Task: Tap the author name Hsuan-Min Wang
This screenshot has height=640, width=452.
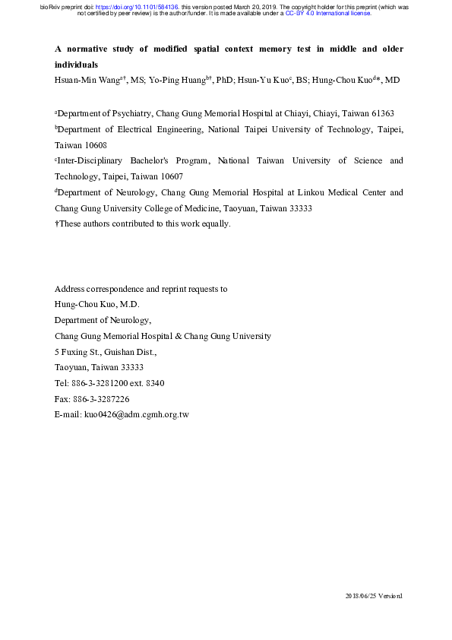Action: pyautogui.click(x=85, y=78)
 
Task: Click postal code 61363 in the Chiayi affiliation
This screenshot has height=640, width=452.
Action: pyautogui.click(x=379, y=113)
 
